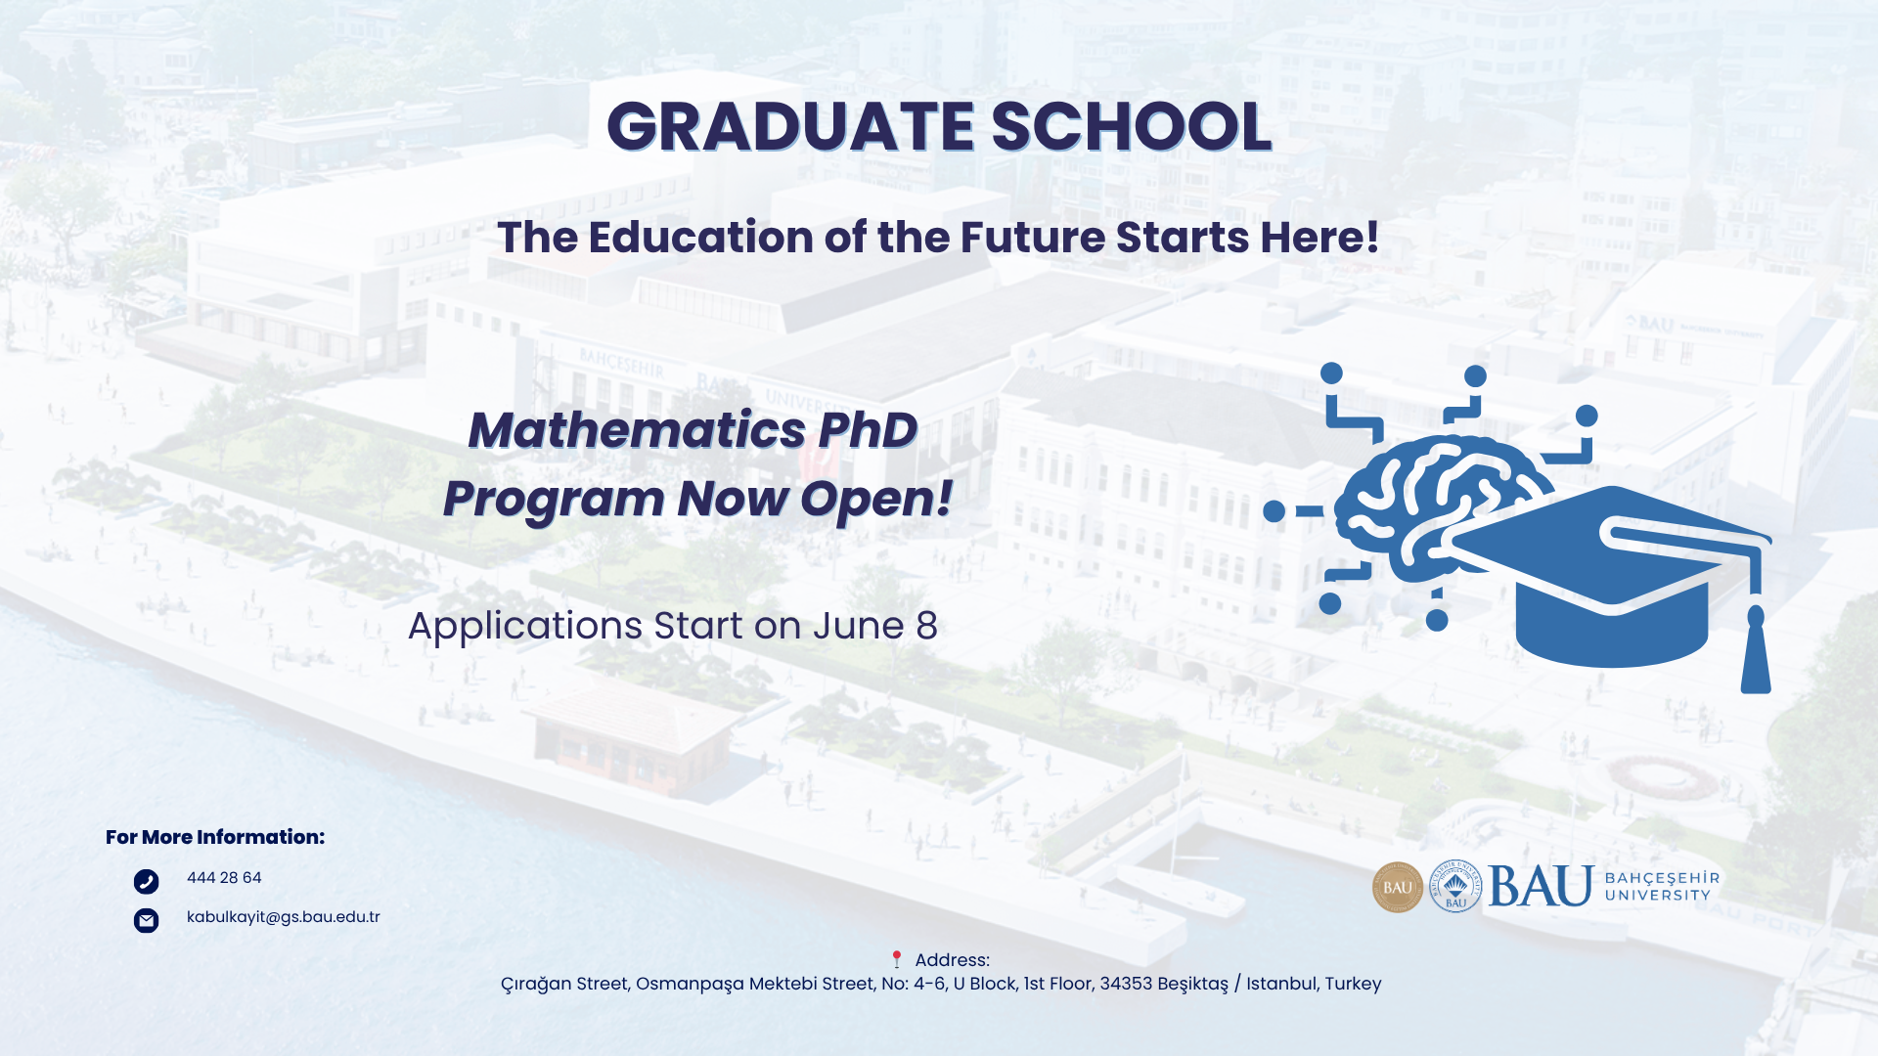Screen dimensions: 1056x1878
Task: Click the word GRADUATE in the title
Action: (790, 127)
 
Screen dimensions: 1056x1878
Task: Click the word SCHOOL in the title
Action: (1131, 127)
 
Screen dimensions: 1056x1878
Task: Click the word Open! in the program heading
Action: (876, 499)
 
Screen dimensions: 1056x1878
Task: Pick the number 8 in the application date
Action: (926, 627)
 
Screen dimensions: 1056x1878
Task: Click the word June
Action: (858, 627)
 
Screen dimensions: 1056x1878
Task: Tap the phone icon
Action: (146, 882)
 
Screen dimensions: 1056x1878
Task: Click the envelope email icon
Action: (146, 920)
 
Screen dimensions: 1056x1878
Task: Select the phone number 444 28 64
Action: (224, 878)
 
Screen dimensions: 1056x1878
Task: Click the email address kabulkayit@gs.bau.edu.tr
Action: (283, 917)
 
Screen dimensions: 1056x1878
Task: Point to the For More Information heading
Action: (215, 837)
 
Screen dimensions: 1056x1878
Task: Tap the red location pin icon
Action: (896, 959)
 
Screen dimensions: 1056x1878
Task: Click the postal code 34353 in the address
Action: (1126, 984)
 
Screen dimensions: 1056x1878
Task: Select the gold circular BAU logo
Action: (1398, 887)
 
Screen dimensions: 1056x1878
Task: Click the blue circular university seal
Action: (1455, 887)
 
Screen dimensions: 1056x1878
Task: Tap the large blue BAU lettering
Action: (1541, 887)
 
